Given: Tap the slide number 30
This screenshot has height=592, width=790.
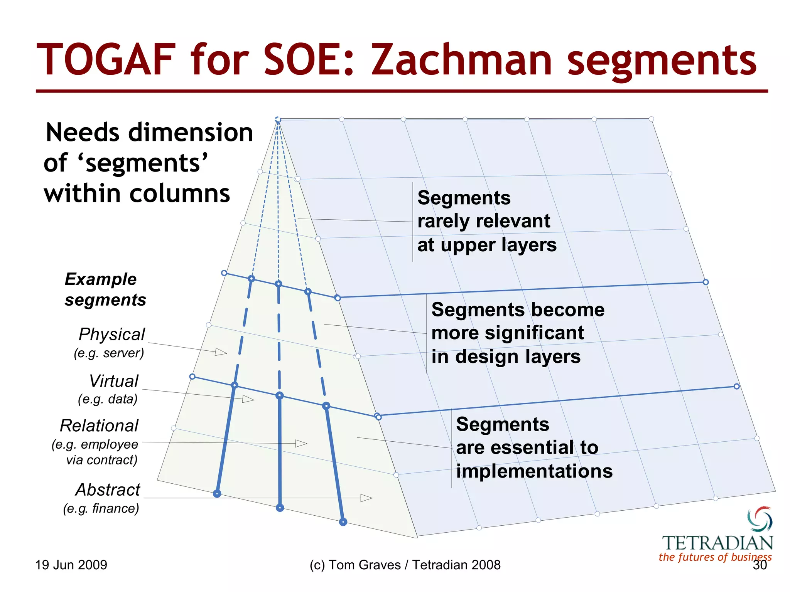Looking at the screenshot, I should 760,565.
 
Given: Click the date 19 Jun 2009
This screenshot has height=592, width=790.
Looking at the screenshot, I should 71,565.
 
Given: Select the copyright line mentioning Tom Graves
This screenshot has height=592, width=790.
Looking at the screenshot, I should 405,565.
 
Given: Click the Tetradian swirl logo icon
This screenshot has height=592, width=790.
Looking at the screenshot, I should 760,519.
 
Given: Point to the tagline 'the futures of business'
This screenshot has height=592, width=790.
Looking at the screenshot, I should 715,557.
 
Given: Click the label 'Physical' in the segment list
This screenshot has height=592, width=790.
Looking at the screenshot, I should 112,334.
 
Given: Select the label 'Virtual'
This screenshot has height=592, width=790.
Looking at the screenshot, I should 113,381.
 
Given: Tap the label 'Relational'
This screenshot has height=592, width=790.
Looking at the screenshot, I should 99,426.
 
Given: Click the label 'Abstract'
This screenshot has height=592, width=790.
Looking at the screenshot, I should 108,490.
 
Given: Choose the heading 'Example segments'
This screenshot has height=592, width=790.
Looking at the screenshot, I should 105,289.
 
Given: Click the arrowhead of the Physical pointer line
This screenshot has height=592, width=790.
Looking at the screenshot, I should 221,352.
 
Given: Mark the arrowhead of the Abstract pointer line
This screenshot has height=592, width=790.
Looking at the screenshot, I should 366,498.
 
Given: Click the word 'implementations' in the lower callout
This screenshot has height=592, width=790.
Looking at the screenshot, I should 534,471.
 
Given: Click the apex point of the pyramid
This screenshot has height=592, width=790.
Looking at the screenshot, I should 278,120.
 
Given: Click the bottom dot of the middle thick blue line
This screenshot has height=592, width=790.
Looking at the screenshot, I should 280,508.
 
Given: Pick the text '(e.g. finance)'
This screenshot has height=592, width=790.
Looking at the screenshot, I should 101,508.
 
